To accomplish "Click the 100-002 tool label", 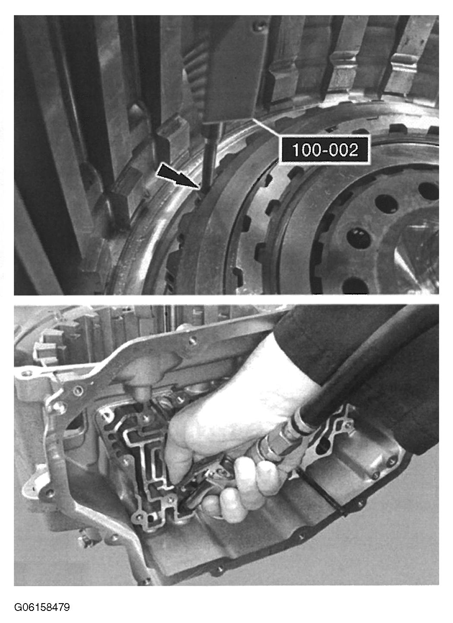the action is click(324, 149).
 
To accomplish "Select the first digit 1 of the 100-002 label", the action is click(296, 150).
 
